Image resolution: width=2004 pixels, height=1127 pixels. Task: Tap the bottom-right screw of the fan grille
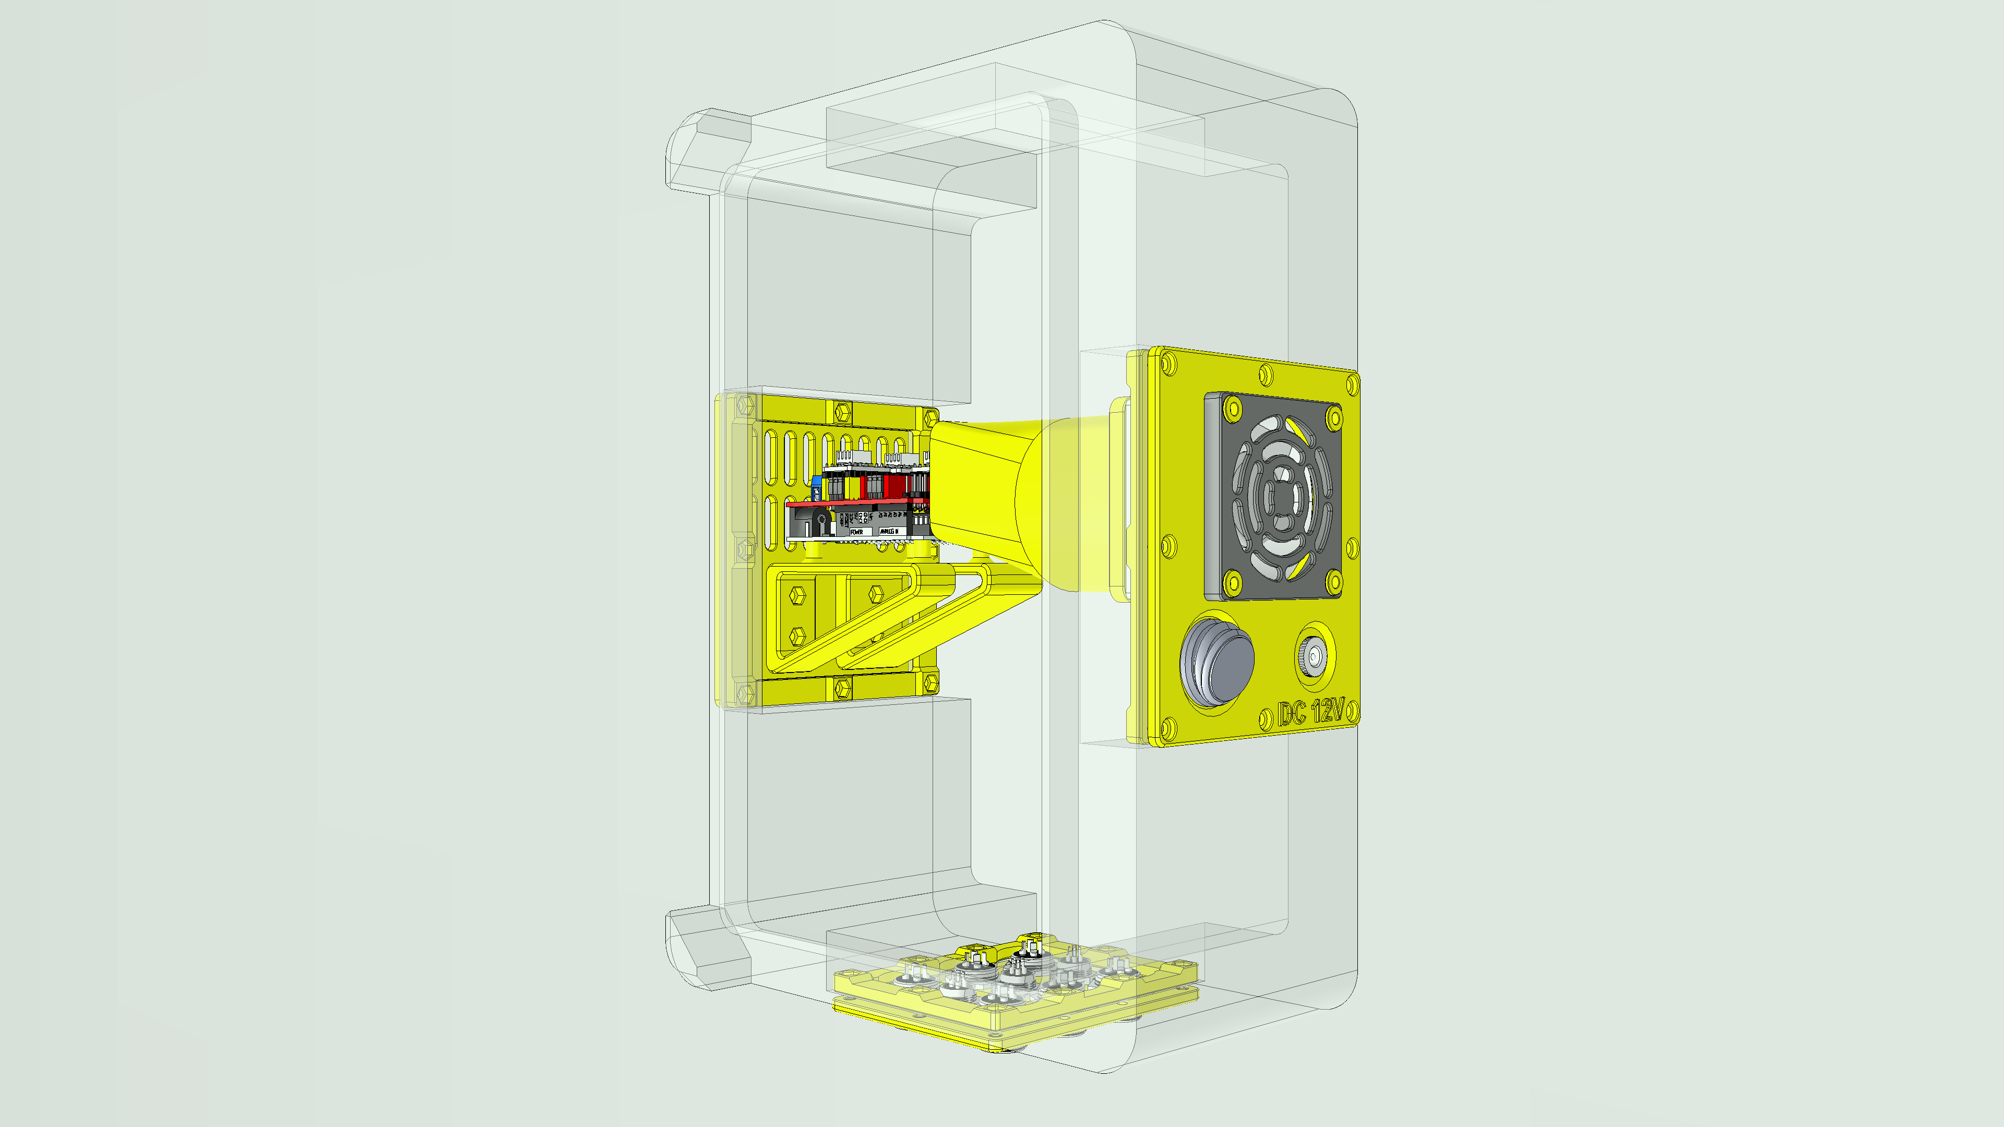[1333, 580]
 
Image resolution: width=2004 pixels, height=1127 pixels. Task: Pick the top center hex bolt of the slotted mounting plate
[842, 412]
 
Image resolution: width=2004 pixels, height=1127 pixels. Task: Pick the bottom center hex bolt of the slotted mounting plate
[842, 688]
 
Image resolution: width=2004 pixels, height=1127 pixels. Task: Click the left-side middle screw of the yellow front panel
[1168, 546]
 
